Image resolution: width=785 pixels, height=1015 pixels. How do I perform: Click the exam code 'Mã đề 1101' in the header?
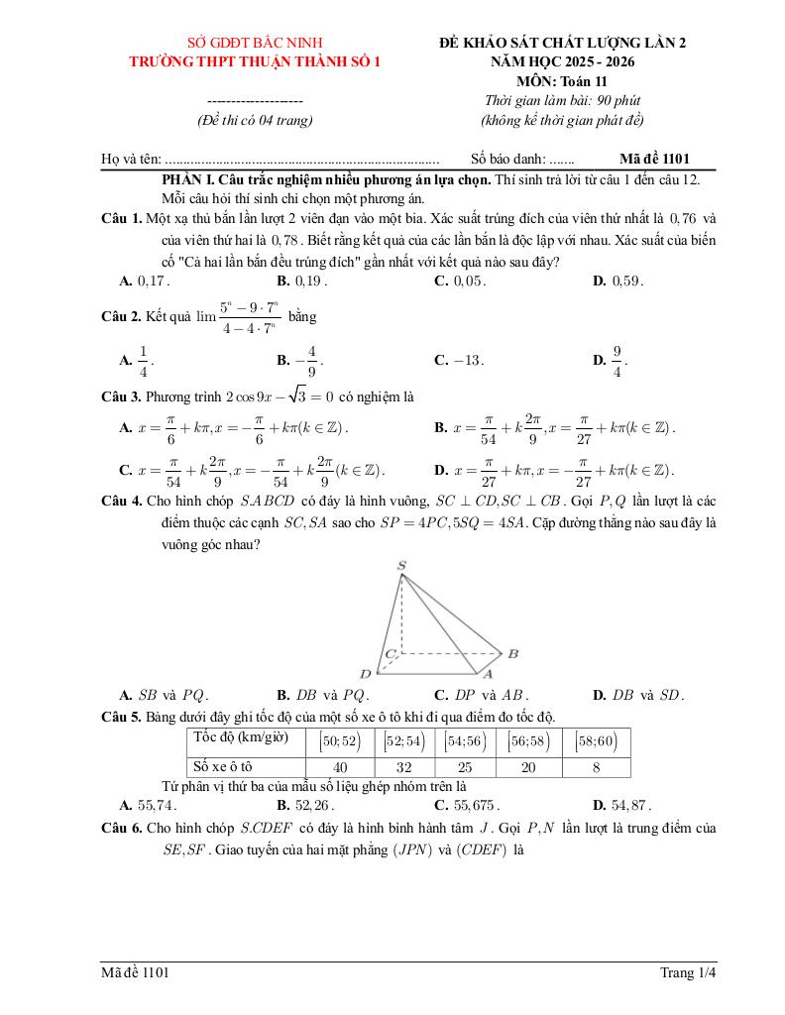654,158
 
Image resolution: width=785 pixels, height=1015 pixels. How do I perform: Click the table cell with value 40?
340,767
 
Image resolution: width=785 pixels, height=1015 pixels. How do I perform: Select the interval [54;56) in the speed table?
465,740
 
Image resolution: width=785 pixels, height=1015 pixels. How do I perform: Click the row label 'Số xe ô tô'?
223,767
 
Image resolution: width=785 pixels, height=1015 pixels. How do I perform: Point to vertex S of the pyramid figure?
401,566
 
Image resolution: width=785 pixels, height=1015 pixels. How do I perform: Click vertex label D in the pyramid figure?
365,674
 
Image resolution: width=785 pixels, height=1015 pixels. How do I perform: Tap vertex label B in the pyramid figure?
512,653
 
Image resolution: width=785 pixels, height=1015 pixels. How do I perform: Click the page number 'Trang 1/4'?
687,973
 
